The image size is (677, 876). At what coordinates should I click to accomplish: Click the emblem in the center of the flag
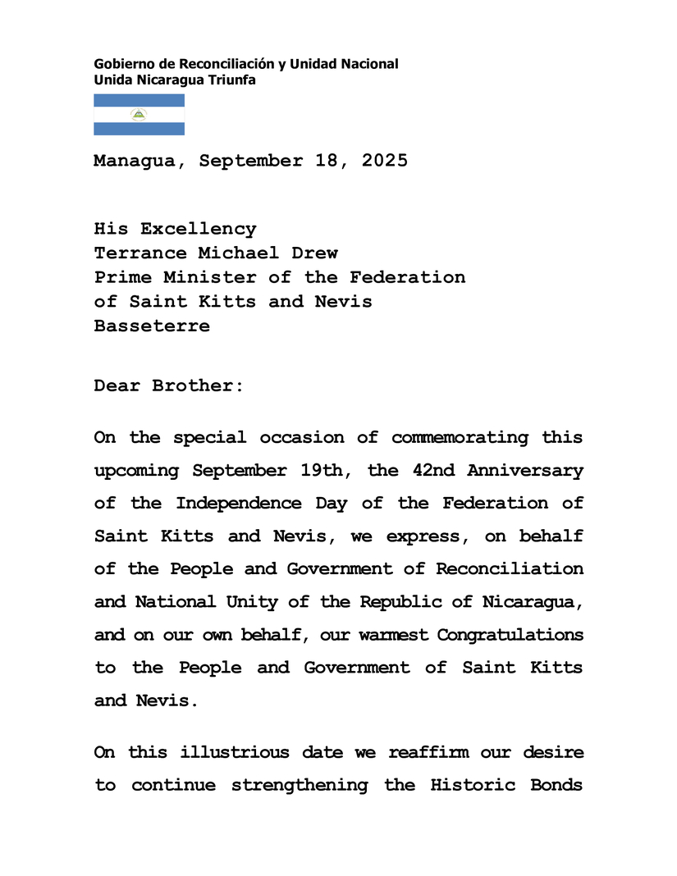[139, 115]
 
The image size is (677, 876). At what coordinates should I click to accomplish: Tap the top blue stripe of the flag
[139, 100]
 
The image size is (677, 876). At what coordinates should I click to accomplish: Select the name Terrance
[140, 253]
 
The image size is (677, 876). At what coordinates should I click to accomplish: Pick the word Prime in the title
[123, 277]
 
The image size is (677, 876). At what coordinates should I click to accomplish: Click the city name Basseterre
[152, 326]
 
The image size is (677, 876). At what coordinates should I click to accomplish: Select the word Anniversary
[525, 471]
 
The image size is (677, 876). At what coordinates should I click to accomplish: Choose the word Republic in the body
[396, 601]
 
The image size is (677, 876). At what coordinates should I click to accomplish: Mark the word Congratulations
[510, 635]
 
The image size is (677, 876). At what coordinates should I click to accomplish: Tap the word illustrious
[235, 752]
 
